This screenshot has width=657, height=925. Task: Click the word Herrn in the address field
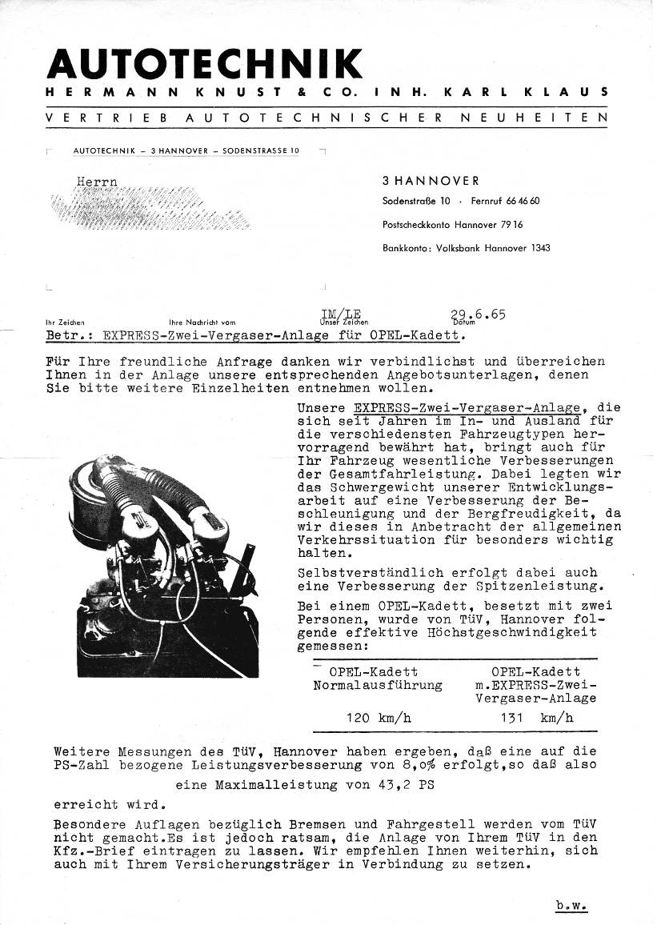(97, 182)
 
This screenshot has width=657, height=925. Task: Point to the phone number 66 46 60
(523, 201)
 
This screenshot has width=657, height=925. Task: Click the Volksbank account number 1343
(540, 248)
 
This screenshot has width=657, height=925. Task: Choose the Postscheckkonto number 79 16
(511, 225)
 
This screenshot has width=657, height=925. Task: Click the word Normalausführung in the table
(378, 685)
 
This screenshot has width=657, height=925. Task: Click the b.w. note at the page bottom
(571, 906)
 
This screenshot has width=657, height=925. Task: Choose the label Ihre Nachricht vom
(202, 323)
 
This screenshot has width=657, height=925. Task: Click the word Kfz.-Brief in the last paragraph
(90, 851)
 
